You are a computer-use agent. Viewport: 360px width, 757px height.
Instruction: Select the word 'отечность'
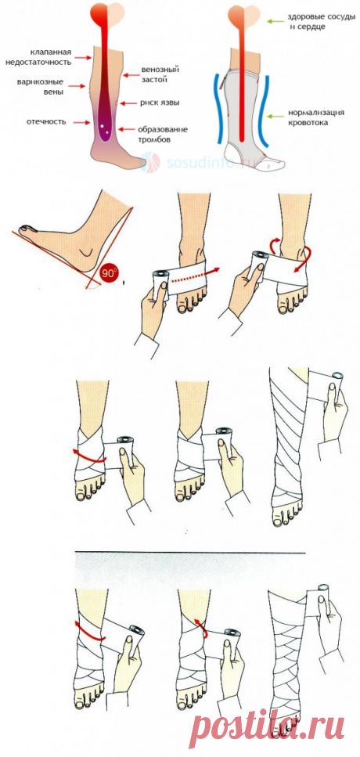tap(46, 121)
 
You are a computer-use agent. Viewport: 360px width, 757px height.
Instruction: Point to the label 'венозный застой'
tap(154, 74)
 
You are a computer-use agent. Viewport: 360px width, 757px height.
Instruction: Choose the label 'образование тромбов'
tap(162, 134)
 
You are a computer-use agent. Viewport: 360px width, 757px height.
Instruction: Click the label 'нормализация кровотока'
tap(316, 117)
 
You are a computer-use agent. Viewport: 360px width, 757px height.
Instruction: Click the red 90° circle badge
tap(109, 273)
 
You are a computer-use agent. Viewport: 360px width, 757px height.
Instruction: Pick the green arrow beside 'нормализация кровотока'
tap(275, 117)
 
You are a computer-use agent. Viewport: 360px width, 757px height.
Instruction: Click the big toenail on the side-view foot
tap(24, 228)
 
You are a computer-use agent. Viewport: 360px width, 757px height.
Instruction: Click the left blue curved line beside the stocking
tap(220, 109)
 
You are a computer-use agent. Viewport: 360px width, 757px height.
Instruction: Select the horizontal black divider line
tap(190, 553)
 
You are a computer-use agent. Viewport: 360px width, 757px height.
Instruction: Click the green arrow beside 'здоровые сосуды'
tap(275, 21)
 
